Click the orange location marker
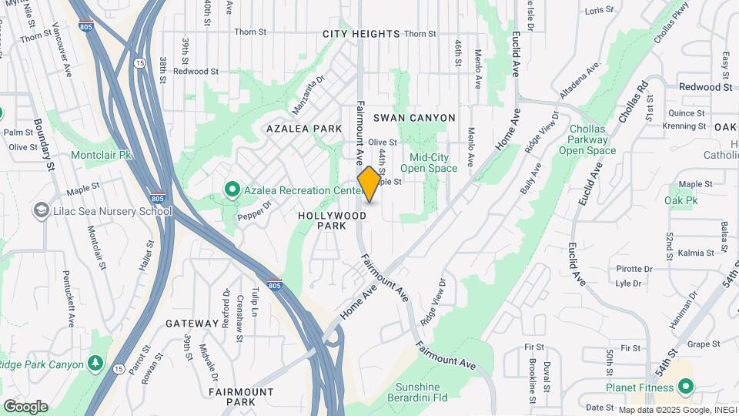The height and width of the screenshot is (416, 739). (x=369, y=184)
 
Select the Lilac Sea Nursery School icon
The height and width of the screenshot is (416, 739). (x=41, y=211)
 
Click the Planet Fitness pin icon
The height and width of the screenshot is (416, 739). (x=684, y=387)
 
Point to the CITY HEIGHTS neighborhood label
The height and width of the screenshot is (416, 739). (x=361, y=34)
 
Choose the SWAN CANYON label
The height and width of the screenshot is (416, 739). (x=414, y=118)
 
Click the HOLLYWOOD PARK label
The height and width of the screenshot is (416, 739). (x=333, y=221)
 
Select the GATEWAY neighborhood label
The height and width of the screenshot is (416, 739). (x=192, y=324)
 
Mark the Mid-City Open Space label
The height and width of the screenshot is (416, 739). (x=429, y=163)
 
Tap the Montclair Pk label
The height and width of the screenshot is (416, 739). (x=102, y=155)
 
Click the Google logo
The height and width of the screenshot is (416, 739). (x=25, y=407)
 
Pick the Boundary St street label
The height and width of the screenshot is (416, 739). (x=44, y=144)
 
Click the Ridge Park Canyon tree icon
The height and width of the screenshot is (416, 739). (x=95, y=362)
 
